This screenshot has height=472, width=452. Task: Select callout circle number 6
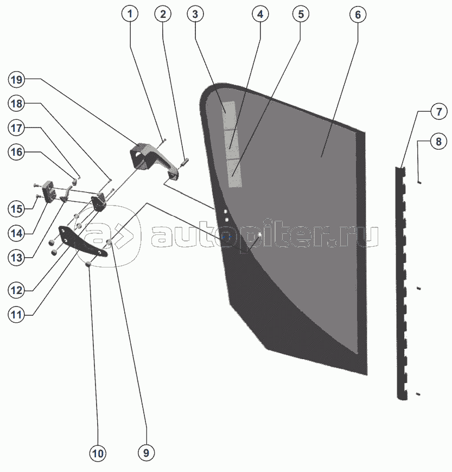coord(357,14)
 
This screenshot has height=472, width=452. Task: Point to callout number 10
coord(99,453)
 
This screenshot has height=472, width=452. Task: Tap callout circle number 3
coord(195,14)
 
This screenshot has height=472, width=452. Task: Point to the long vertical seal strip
coord(401,282)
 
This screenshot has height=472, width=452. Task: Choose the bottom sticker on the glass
coord(234,173)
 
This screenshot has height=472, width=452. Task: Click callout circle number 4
coord(260,14)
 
